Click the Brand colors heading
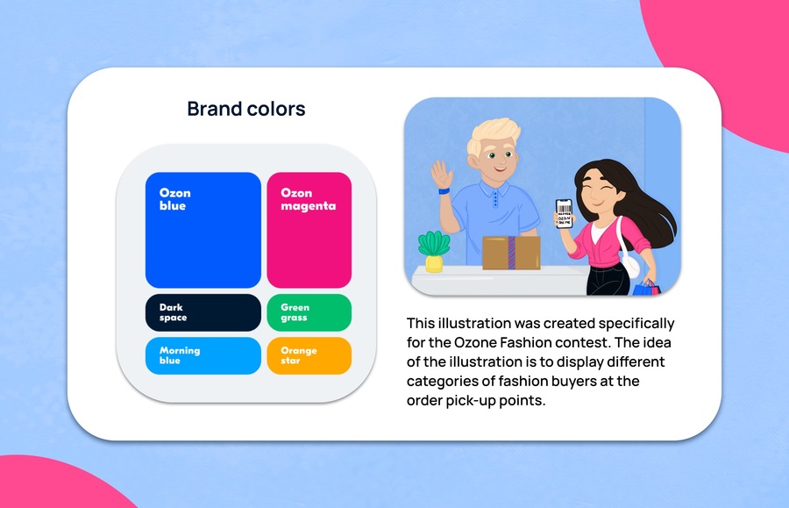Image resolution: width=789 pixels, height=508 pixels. click(x=246, y=109)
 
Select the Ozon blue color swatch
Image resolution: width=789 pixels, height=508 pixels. click(x=203, y=230)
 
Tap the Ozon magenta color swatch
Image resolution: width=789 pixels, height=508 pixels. click(x=309, y=230)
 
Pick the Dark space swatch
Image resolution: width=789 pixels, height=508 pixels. click(x=203, y=312)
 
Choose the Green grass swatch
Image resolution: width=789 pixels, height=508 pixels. click(x=309, y=312)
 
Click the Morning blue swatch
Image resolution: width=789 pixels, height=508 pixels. click(x=203, y=356)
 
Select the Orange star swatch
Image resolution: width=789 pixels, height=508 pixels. click(x=309, y=356)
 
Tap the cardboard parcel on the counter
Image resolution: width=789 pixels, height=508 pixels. click(x=511, y=253)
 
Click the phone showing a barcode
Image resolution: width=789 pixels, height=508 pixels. click(x=564, y=213)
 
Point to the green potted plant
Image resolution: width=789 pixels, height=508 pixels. click(x=434, y=251)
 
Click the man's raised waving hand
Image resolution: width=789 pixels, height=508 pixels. click(x=441, y=175)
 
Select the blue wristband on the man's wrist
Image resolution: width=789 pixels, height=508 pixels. click(x=444, y=191)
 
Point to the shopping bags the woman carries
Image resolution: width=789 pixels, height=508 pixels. click(x=646, y=288)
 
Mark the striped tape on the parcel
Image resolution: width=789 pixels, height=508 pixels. click(x=512, y=253)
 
